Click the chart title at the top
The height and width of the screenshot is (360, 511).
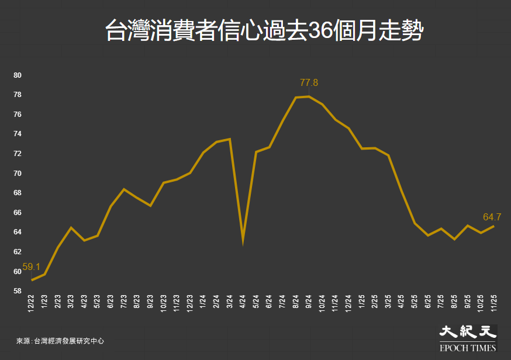click(263, 30)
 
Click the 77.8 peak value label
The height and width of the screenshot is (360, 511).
click(308, 82)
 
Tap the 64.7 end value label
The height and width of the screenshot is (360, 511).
click(492, 217)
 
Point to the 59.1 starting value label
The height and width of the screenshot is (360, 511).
click(32, 266)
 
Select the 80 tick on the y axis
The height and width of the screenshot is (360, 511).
click(18, 75)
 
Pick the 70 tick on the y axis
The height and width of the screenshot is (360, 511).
click(18, 173)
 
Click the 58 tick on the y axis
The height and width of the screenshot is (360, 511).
click(18, 291)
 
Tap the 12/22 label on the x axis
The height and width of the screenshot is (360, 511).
click(32, 303)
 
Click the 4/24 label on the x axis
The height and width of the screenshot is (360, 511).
click(243, 302)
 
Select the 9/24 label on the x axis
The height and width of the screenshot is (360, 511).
click(309, 302)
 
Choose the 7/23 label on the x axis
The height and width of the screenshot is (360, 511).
click(124, 302)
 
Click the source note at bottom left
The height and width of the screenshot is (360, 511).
click(60, 341)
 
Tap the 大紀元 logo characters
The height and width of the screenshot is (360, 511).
click(468, 332)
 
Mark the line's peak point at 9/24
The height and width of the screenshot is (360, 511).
click(309, 96)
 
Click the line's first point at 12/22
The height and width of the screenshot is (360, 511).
click(32, 280)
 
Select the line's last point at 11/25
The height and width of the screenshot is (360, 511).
click(494, 226)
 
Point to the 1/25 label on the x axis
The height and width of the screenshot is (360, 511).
click(362, 302)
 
